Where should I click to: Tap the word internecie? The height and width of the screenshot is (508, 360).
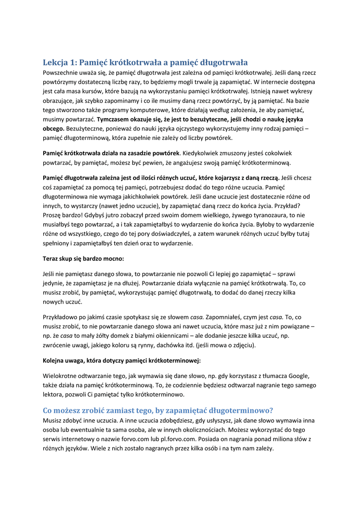[284, 82]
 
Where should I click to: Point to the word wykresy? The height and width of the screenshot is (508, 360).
[301, 91]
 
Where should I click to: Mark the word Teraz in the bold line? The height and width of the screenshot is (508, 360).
[52, 258]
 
